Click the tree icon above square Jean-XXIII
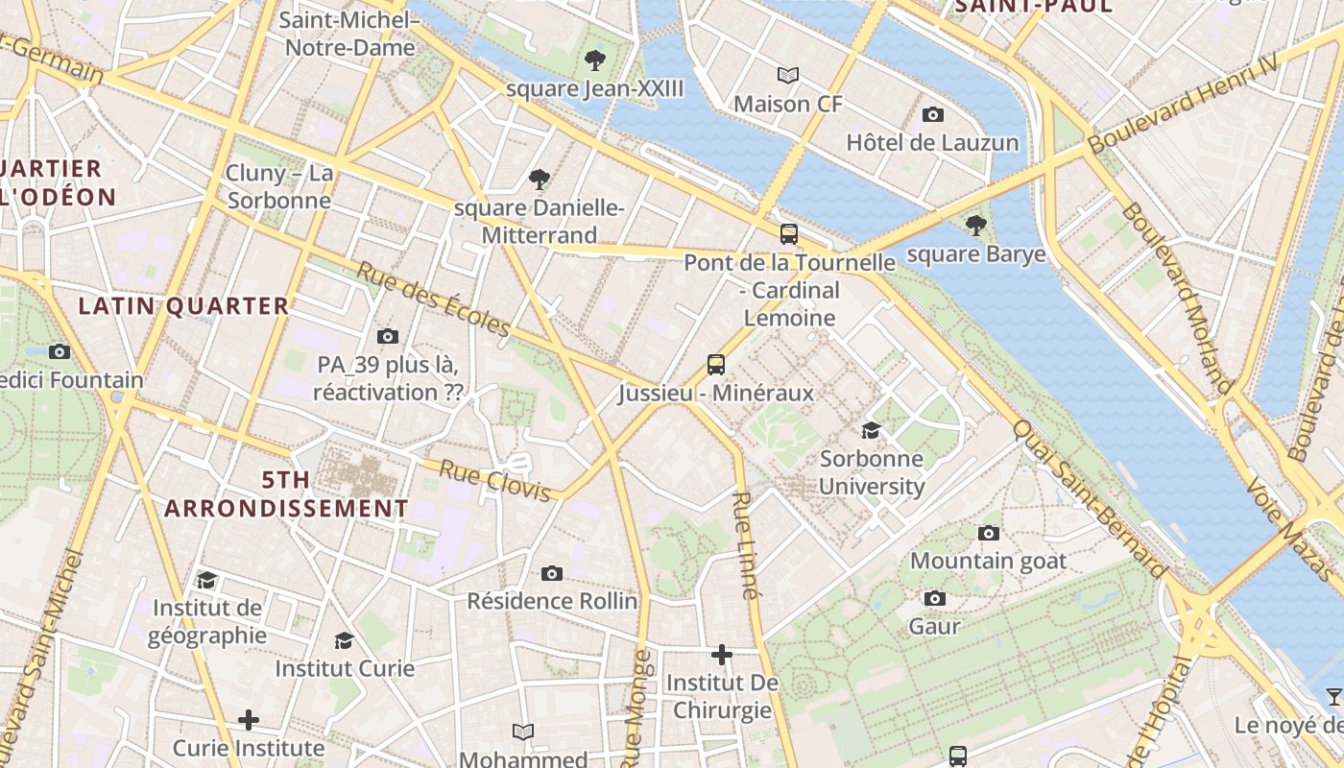click(595, 60)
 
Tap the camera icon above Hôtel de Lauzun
click(932, 114)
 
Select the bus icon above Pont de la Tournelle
click(789, 233)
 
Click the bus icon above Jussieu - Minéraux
click(716, 364)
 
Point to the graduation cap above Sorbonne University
click(871, 430)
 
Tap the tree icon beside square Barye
click(976, 226)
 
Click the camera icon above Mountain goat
click(988, 533)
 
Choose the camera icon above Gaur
click(935, 598)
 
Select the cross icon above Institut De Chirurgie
click(722, 655)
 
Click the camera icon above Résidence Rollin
click(552, 573)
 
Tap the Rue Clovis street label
click(495, 480)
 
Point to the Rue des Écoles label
click(434, 299)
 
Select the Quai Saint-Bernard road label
click(1091, 500)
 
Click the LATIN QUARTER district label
click(183, 306)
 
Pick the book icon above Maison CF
click(788, 75)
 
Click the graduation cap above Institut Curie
click(344, 640)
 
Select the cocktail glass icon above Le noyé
click(1333, 697)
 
